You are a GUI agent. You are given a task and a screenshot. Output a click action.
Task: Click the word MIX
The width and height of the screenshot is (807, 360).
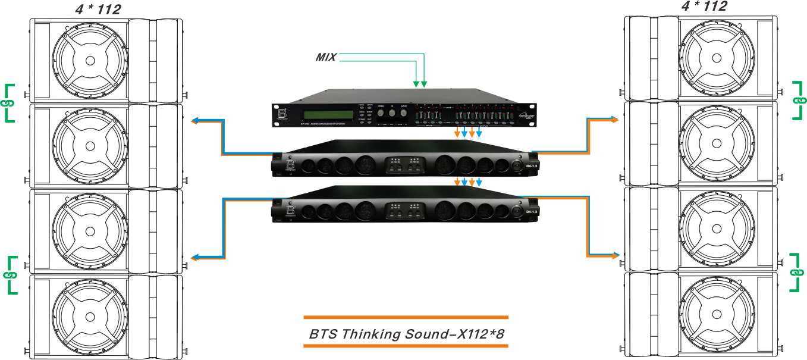point(326,57)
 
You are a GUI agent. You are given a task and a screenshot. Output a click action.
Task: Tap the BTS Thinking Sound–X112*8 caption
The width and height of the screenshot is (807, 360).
point(406,334)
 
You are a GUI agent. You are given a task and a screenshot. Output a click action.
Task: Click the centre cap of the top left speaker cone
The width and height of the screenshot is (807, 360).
point(89,61)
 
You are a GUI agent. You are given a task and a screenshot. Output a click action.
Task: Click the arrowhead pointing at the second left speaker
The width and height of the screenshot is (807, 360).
point(194,121)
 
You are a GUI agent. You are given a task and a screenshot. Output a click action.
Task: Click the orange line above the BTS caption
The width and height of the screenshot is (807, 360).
point(406,317)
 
